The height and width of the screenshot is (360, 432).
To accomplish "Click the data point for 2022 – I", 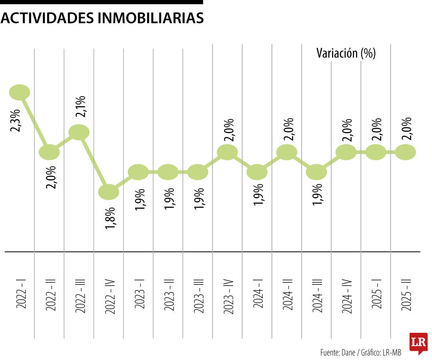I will click(20, 92).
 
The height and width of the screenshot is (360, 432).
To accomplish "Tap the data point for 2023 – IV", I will click(227, 152).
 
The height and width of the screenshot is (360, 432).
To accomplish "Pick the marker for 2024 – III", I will click(316, 172).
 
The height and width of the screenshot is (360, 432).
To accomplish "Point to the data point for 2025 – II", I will click(405, 152).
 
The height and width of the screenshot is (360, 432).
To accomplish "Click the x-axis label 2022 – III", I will click(80, 295).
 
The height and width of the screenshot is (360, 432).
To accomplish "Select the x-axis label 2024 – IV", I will click(346, 295).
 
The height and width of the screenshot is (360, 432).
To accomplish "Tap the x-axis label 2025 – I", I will click(376, 295).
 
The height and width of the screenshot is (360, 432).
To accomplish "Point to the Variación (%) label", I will click(346, 53).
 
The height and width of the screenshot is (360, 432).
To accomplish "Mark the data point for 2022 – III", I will click(79, 132).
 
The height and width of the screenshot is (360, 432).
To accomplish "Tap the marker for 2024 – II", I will click(287, 152).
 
